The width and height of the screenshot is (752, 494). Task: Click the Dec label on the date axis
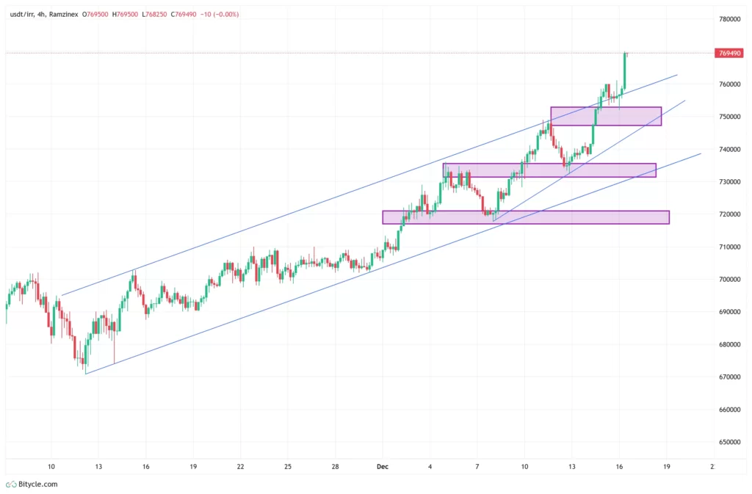pyautogui.click(x=382, y=466)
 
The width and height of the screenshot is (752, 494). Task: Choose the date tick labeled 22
pyautogui.click(x=240, y=466)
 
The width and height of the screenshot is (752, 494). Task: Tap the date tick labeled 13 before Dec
pyautogui.click(x=98, y=466)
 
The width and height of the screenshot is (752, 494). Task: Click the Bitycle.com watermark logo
pyautogui.click(x=32, y=484)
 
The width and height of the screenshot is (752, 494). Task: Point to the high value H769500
pyautogui.click(x=127, y=15)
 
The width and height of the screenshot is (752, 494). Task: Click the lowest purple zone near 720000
pyautogui.click(x=526, y=217)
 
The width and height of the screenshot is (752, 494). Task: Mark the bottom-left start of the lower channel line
pyautogui.click(x=86, y=374)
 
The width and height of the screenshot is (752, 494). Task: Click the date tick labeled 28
pyautogui.click(x=335, y=466)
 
